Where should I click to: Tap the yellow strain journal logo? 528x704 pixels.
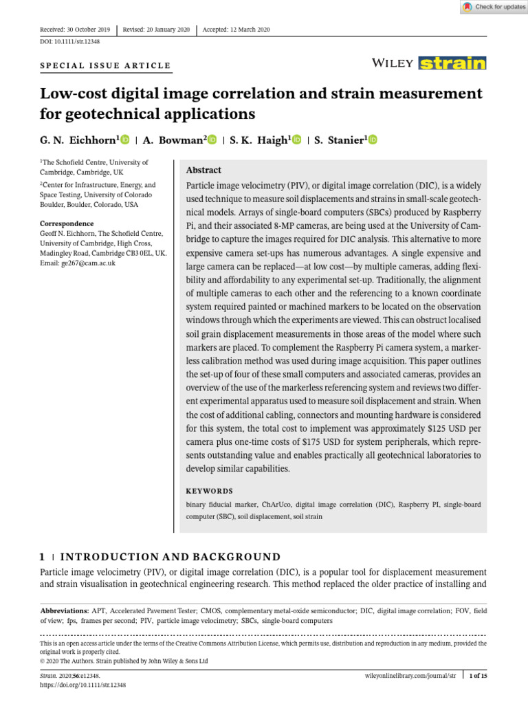point(452,63)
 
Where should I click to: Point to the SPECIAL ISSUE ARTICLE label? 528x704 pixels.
point(105,66)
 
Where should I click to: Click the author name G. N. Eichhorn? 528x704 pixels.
point(79,140)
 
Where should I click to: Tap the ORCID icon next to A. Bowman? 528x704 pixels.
point(212,140)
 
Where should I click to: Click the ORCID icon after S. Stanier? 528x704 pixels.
point(373,140)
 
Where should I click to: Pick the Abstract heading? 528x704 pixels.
point(204,170)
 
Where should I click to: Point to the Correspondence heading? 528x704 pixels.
point(67,224)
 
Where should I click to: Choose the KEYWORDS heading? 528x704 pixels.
point(210,492)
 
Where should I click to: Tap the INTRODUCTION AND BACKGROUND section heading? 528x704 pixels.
point(170,557)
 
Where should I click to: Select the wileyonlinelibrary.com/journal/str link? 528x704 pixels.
point(410,676)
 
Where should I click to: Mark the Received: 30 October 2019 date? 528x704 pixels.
point(75,30)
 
